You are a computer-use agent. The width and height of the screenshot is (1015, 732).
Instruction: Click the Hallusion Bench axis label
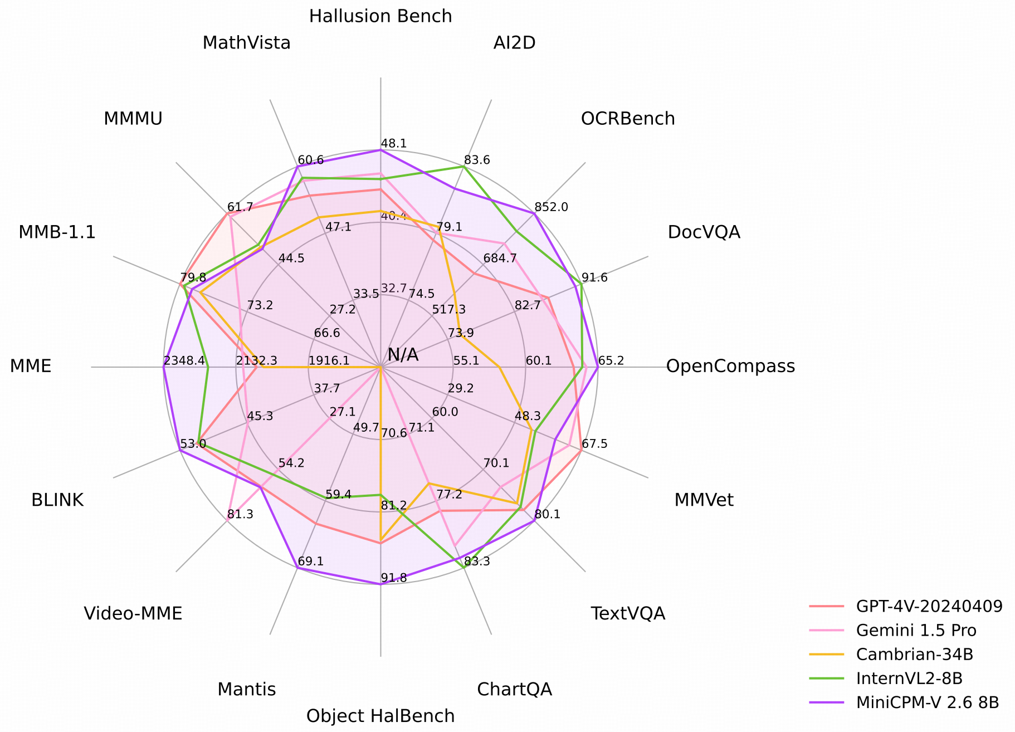380,16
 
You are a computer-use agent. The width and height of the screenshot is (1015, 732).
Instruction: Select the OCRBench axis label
628,119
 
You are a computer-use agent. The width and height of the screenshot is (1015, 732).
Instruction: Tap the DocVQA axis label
704,232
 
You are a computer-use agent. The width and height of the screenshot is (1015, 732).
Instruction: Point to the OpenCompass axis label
730,366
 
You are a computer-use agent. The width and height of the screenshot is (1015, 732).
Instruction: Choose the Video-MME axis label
133,613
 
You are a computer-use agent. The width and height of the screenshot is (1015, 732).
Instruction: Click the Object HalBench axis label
380,716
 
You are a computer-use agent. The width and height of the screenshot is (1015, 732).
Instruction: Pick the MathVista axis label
246,43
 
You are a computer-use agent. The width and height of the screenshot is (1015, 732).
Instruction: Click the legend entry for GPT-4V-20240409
929,606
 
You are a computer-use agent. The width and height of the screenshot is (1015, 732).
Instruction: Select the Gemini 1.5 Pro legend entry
916,630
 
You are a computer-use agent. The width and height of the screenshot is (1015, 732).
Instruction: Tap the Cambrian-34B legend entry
914,654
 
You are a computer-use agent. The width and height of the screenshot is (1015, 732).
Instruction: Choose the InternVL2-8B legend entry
909,678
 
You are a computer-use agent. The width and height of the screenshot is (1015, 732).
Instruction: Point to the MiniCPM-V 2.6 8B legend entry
928,702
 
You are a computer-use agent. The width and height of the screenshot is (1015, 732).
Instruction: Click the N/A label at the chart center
403,355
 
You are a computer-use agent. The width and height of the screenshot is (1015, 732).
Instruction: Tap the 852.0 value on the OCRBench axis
551,207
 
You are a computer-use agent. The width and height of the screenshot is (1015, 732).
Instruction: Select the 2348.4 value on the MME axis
184,361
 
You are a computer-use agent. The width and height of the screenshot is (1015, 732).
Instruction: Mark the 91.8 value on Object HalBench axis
394,578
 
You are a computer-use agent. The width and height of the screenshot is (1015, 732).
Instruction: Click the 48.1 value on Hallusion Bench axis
394,144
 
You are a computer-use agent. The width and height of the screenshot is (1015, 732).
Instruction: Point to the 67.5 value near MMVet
594,444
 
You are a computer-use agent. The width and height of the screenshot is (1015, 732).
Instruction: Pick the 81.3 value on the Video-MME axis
240,515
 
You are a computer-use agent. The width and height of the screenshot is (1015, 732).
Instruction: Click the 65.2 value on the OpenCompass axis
611,361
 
